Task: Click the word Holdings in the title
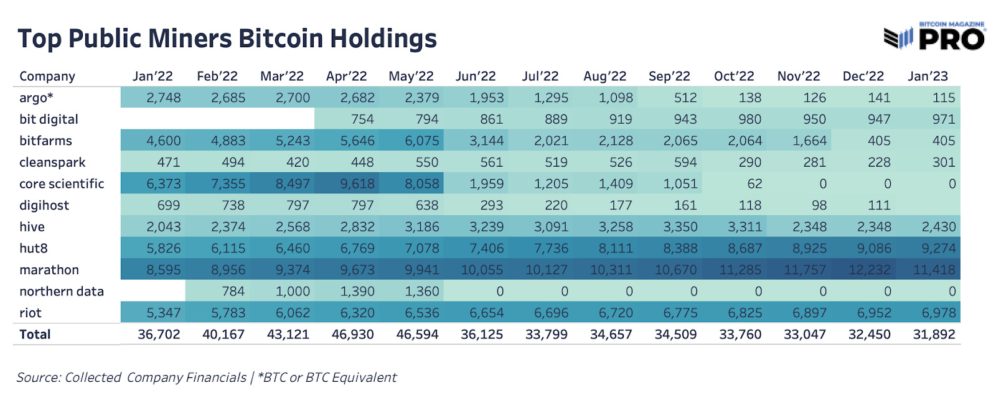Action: [383, 39]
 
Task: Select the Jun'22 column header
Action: [476, 76]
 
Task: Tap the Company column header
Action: [47, 76]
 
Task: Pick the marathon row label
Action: [49, 270]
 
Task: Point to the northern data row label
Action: [62, 292]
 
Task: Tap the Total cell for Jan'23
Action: [934, 335]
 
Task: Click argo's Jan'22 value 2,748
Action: [163, 98]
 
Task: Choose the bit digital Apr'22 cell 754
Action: [362, 119]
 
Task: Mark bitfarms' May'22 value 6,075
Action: [421, 141]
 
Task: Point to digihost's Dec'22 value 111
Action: [878, 206]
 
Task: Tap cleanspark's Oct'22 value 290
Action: [749, 162]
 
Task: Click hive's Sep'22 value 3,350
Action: [680, 227]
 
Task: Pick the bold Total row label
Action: [35, 335]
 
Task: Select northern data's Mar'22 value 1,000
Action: [293, 292]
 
